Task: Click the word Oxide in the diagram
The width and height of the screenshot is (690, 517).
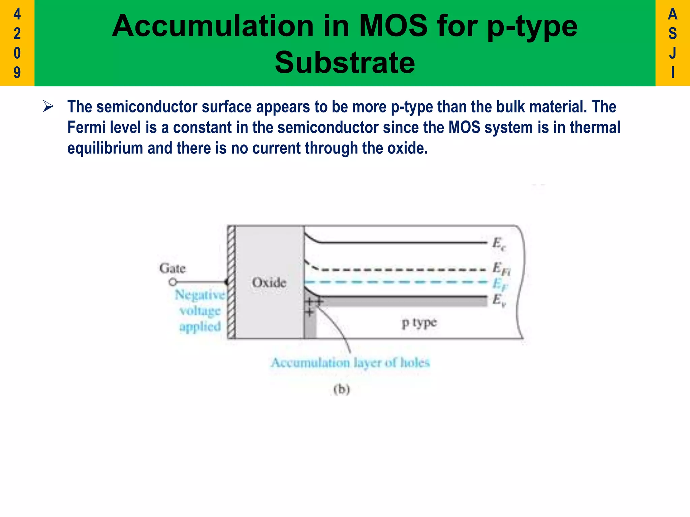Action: click(x=269, y=282)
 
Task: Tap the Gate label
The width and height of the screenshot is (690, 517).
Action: click(x=172, y=268)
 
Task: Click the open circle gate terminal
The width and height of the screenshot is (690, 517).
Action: click(x=172, y=282)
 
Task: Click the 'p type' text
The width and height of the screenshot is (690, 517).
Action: click(x=419, y=323)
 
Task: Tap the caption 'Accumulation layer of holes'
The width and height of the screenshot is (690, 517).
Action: click(x=350, y=363)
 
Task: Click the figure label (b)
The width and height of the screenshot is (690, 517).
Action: click(x=342, y=389)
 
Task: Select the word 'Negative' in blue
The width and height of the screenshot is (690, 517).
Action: click(x=200, y=295)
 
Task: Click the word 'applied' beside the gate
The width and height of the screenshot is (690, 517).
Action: click(x=200, y=326)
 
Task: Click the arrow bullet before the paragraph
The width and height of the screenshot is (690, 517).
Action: click(x=48, y=107)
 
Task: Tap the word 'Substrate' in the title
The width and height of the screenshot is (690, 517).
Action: click(x=345, y=63)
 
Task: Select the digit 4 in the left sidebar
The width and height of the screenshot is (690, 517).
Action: click(x=17, y=14)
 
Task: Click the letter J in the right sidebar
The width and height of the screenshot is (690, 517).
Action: click(x=672, y=53)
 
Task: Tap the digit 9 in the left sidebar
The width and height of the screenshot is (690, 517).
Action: click(x=17, y=72)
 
